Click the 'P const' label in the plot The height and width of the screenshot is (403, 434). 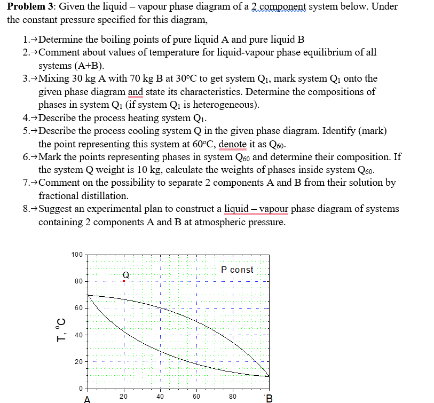click(x=237, y=270)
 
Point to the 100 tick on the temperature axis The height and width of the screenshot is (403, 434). click(x=77, y=254)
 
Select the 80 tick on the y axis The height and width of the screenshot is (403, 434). click(x=78, y=281)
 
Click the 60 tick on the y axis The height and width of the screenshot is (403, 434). click(x=78, y=308)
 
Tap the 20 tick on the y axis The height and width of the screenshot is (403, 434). click(x=78, y=362)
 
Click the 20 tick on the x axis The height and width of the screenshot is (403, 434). click(x=124, y=396)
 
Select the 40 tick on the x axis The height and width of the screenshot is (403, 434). click(x=160, y=396)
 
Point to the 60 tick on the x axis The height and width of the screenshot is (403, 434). click(x=196, y=396)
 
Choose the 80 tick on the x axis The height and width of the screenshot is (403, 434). click(x=233, y=396)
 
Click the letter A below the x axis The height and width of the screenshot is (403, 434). click(x=87, y=398)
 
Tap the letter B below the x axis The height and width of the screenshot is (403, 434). click(x=269, y=398)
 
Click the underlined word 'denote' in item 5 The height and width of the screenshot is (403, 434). click(x=232, y=144)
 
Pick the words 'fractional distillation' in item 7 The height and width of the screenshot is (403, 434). click(x=83, y=195)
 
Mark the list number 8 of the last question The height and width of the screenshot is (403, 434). click(x=26, y=209)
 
